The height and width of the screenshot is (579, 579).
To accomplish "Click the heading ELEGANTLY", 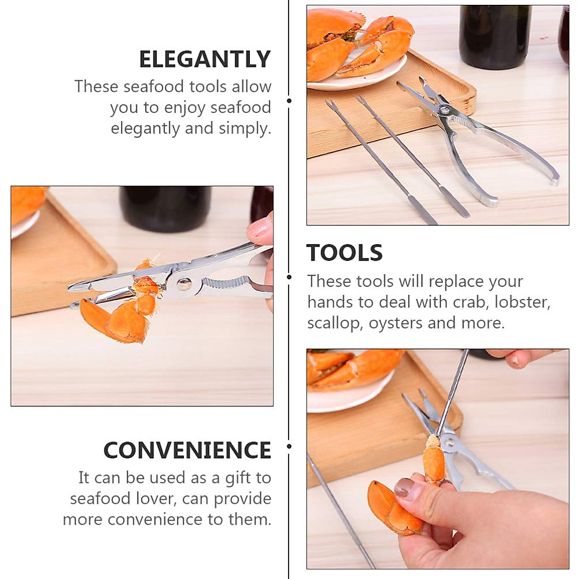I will point(205,59).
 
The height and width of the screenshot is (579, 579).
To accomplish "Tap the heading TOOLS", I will point(345,253).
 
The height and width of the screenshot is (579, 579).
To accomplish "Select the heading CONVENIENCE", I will point(187,450).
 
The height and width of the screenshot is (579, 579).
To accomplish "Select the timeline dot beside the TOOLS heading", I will point(289,277).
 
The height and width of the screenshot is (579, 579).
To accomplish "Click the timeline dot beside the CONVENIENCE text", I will point(289,446).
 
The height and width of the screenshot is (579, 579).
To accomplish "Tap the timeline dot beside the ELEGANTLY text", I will point(289,101).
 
